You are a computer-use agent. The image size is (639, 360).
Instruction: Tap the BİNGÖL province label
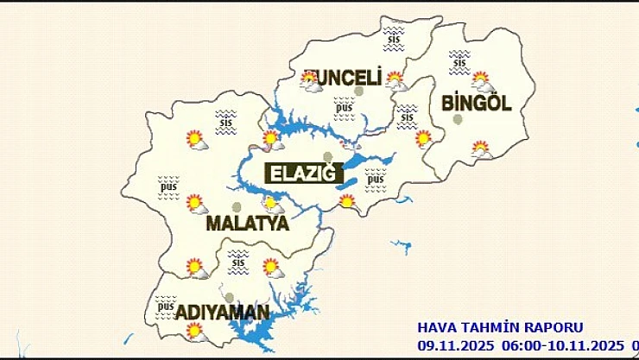click(476, 104)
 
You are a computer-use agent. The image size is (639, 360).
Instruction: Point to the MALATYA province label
click(247, 224)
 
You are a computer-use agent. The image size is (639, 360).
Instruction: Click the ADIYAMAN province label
click(223, 312)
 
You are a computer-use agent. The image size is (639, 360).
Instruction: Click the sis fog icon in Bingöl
click(459, 60)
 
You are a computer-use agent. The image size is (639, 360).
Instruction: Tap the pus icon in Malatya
click(168, 186)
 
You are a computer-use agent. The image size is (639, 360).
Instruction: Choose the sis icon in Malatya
click(226, 122)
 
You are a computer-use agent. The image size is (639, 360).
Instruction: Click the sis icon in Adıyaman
click(238, 257)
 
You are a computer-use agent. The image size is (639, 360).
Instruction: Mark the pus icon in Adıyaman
click(166, 306)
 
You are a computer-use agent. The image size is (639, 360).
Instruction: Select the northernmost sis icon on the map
click(395, 35)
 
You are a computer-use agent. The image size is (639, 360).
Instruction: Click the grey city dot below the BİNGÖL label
click(457, 119)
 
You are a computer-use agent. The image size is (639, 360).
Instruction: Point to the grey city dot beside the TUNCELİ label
click(358, 90)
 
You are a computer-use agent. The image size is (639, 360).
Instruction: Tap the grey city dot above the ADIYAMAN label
click(229, 297)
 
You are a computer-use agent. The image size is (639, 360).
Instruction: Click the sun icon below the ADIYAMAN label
click(196, 331)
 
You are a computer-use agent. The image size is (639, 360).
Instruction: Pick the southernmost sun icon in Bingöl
click(481, 149)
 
